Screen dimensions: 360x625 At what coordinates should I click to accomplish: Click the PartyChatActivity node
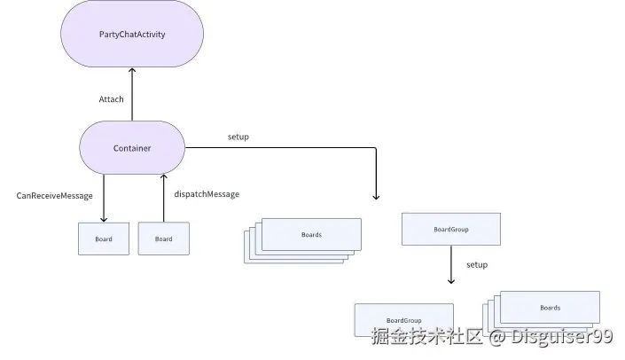pos(132,34)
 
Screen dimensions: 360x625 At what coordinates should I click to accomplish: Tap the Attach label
pos(111,99)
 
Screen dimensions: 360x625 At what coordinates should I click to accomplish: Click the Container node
pos(132,148)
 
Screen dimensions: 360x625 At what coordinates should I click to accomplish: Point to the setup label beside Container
pos(238,137)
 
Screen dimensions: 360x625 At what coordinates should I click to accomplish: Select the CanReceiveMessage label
pos(54,195)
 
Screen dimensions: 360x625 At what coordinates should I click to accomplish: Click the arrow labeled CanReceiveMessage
pos(104,199)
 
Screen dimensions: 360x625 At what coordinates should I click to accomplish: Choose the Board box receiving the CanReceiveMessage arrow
pos(104,239)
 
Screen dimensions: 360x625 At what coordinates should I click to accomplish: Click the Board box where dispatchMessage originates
pos(164,239)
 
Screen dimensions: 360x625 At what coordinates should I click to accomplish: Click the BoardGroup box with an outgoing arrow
pos(451,229)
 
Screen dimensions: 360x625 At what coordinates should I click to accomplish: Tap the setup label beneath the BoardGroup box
pos(477,265)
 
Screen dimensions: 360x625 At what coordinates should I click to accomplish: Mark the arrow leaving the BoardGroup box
pos(451,265)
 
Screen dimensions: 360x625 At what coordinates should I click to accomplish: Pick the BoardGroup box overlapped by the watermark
pos(403,319)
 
